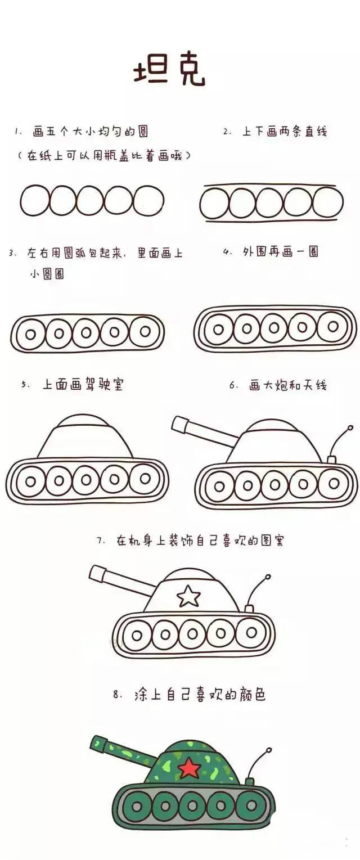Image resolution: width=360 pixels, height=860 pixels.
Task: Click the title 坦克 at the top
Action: [x=169, y=72]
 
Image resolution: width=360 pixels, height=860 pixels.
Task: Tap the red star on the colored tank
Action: [x=189, y=767]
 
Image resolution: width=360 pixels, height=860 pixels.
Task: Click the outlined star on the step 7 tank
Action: [x=188, y=596]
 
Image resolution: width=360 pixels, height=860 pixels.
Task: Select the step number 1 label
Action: [x=18, y=132]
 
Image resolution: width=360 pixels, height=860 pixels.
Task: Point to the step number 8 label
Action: [x=117, y=695]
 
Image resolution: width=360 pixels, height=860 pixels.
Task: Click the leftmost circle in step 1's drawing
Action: [x=35, y=200]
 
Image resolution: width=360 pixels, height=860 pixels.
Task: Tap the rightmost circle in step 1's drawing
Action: [x=148, y=200]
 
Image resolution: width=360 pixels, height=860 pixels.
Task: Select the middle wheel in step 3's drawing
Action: [x=86, y=333]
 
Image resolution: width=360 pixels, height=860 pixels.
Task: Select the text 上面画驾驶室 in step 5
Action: [x=83, y=385]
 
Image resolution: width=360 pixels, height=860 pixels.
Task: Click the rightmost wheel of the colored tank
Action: [x=249, y=807]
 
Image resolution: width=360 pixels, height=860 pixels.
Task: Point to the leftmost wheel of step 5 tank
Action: [x=30, y=481]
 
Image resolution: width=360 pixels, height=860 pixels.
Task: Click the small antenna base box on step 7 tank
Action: [x=249, y=609]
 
